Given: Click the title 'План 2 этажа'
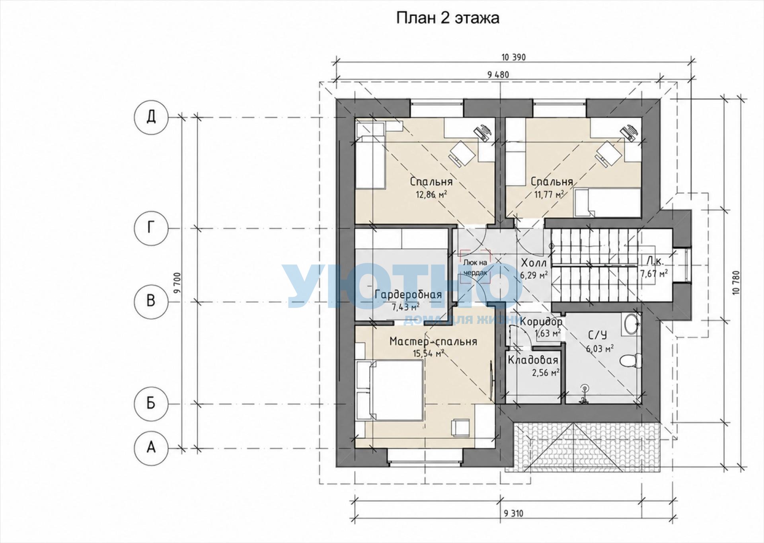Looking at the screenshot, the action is tap(448, 18).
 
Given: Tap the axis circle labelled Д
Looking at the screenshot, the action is tap(151, 118).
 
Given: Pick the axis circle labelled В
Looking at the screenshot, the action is tap(151, 301).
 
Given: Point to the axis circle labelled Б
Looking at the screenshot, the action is tap(151, 404).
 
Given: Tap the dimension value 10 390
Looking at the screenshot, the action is tap(514, 57).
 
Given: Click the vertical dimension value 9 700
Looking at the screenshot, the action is tap(177, 282).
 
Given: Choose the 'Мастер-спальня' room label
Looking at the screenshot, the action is tap(433, 342).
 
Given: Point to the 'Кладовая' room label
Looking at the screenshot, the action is tap(533, 360).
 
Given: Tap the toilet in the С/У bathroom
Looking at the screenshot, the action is tap(630, 360).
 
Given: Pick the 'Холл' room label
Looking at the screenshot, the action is tap(534, 263).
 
